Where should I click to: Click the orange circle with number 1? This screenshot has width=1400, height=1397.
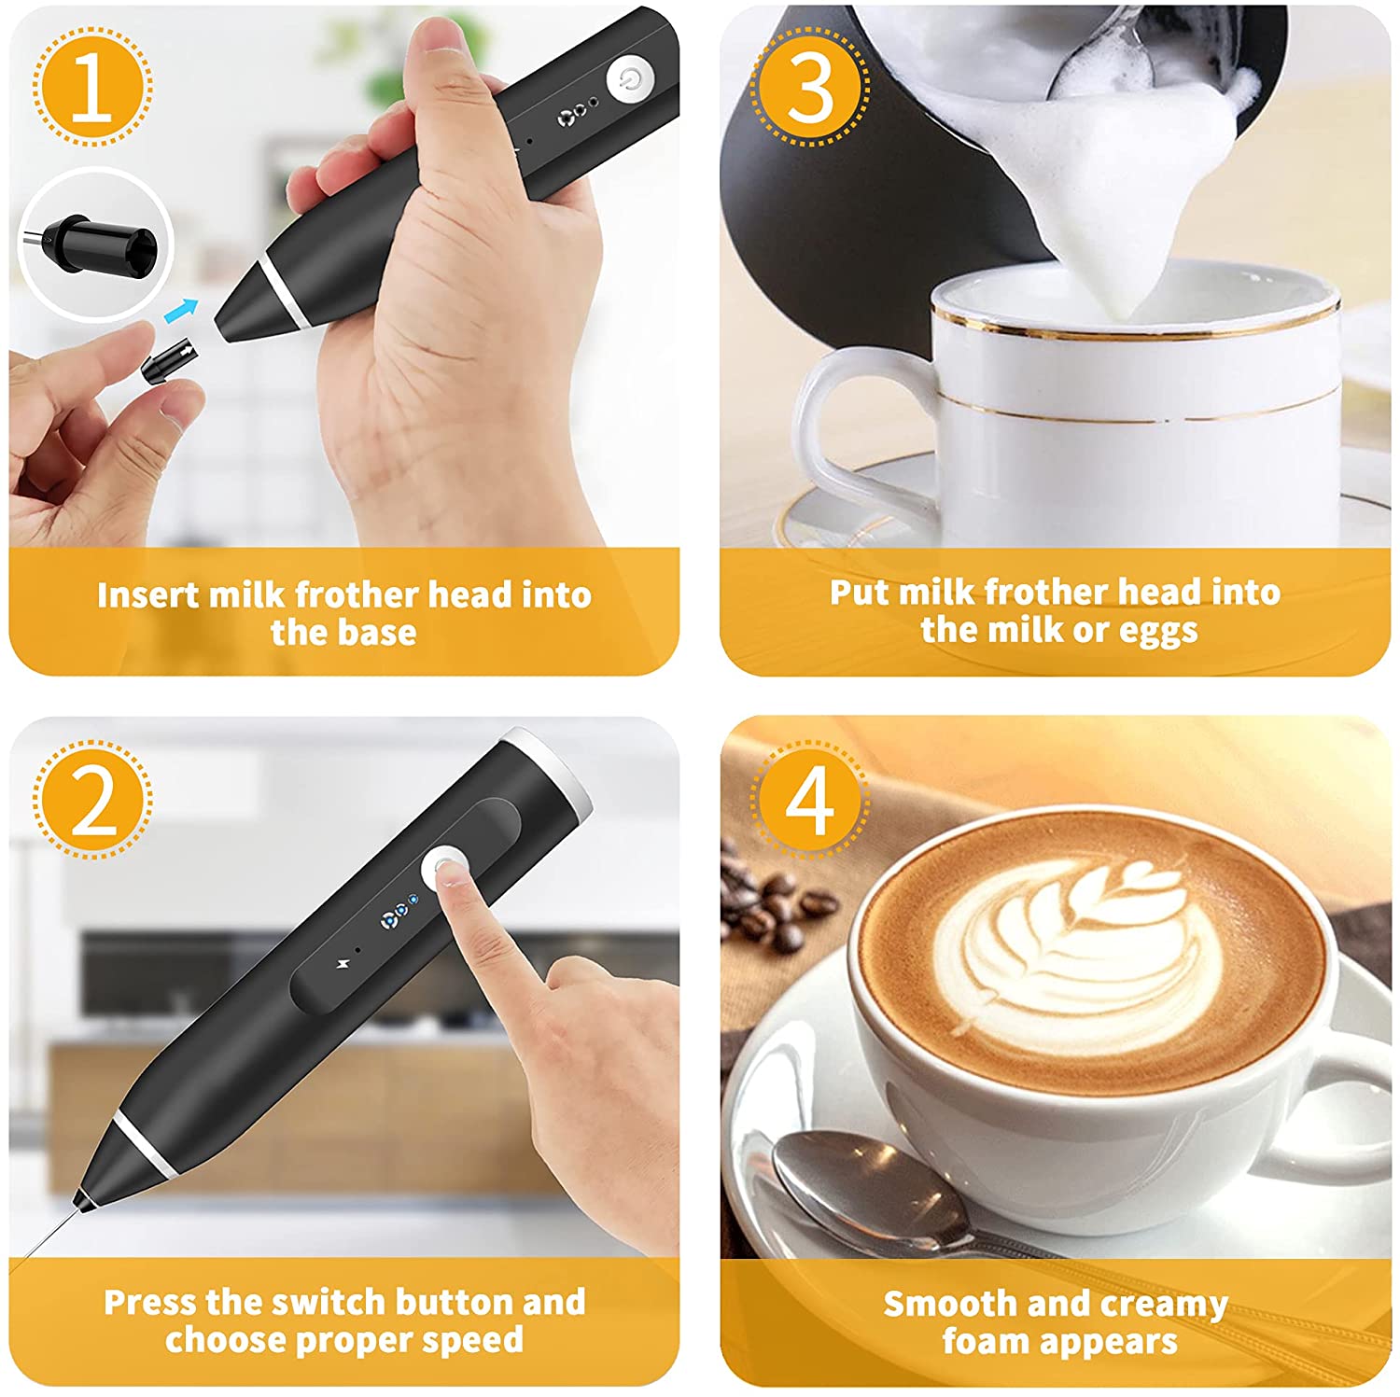pyautogui.click(x=92, y=87)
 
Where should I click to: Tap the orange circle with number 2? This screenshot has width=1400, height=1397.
pyautogui.click(x=92, y=800)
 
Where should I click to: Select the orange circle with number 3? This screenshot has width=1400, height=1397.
pyautogui.click(x=809, y=87)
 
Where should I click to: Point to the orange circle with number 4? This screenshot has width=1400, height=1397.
pyautogui.click(x=809, y=800)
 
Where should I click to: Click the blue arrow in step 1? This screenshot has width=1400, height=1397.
pyautogui.click(x=188, y=308)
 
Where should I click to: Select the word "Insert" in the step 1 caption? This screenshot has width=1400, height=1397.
pyautogui.click(x=147, y=594)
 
